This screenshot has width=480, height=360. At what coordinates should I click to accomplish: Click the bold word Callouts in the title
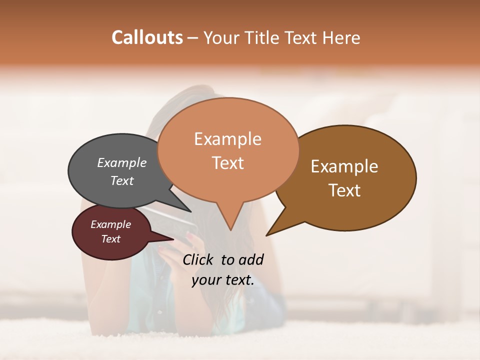(147, 37)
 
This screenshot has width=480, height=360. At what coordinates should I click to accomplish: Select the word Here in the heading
(342, 37)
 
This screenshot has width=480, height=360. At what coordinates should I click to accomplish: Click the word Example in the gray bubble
(122, 162)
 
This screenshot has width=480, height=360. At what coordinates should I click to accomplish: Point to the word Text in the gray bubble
(122, 180)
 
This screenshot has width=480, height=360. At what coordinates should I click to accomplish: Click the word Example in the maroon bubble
(110, 224)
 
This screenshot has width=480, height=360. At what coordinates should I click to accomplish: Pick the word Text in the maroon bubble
(110, 239)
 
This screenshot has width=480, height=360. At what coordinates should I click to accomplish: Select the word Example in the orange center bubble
(227, 139)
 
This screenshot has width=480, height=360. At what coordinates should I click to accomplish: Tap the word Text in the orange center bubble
(227, 163)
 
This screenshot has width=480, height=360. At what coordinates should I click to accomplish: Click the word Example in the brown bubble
(344, 166)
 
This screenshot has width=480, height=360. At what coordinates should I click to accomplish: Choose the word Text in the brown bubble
(344, 190)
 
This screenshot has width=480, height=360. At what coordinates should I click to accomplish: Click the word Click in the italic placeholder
(198, 259)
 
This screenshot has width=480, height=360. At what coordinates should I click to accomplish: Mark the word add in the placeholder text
(251, 259)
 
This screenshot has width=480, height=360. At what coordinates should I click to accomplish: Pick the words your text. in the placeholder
(223, 280)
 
